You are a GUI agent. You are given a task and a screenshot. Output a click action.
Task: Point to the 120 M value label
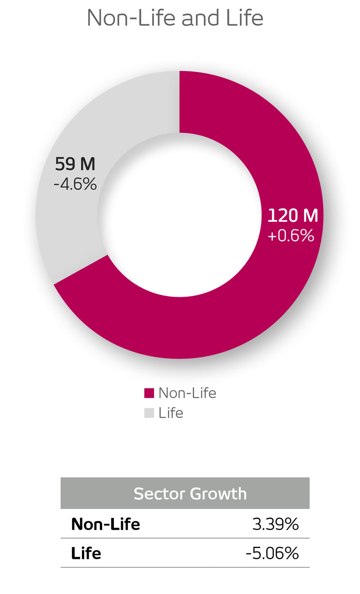point(292,216)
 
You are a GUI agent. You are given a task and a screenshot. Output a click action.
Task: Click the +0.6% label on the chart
point(291,236)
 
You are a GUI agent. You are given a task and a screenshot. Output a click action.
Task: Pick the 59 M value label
point(75,164)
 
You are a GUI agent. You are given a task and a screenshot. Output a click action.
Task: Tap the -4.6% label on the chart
point(75,184)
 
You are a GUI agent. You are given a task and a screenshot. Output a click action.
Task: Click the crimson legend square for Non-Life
point(149,393)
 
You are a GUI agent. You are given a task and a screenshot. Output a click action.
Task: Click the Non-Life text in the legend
point(187,393)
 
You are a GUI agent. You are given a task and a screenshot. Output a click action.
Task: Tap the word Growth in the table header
point(218,494)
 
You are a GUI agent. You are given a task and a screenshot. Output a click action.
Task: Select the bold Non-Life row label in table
point(106,524)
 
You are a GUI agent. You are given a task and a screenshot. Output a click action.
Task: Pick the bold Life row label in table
point(86,553)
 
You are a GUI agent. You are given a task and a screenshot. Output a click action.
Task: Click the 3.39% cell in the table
point(276,524)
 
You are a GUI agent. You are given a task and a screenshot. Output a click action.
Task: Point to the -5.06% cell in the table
point(272,553)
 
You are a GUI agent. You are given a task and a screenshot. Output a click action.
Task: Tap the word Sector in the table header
point(160,494)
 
